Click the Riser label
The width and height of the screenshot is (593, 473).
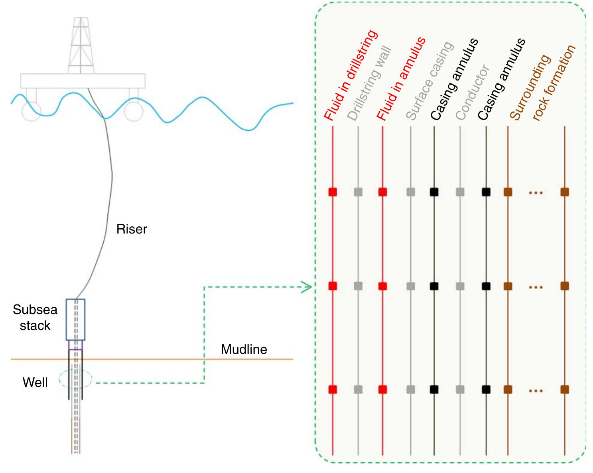132,229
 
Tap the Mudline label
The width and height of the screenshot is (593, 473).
244,349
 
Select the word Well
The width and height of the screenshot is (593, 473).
35,383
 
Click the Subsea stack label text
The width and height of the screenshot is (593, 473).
35,318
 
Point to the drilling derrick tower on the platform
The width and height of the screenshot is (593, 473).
81,46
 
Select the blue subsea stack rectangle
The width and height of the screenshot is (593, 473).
75,319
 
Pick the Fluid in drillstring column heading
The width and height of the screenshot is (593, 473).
350,76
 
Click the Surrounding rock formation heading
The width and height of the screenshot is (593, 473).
543,84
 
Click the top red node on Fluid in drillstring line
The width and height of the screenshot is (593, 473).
333,192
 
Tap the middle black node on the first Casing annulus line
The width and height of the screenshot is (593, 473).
434,286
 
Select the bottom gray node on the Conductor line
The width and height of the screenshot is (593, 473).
460,389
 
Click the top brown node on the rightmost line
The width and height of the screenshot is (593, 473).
564,192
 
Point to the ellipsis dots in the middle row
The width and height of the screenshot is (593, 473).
536,287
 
